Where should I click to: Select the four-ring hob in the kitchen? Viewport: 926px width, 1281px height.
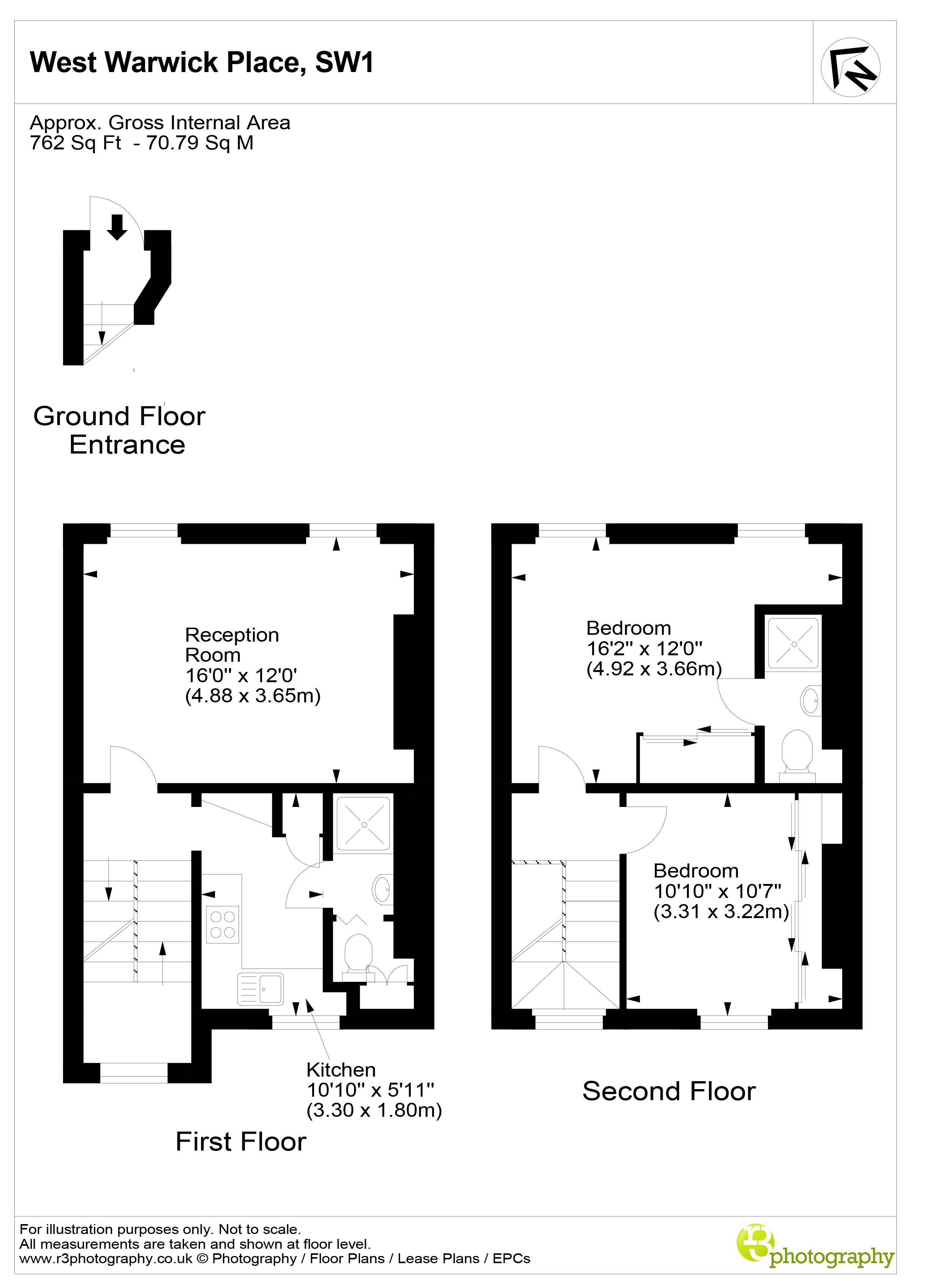coord(223,925)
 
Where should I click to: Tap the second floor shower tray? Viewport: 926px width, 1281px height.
coord(793,643)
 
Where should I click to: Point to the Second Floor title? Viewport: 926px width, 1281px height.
coord(668,1091)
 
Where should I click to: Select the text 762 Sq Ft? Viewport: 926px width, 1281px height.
coord(75,143)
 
